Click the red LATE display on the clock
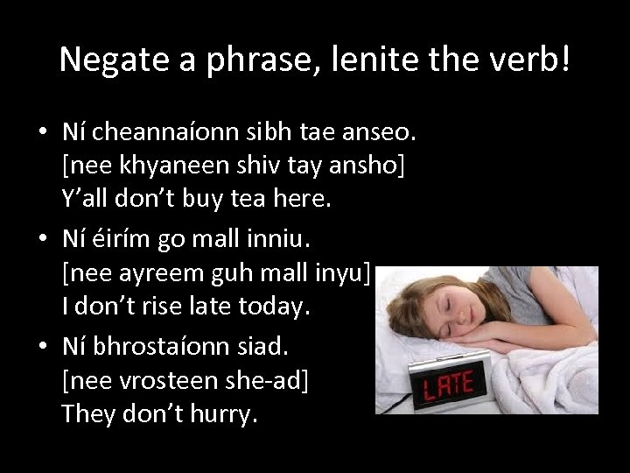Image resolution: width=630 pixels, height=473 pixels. (x=448, y=384)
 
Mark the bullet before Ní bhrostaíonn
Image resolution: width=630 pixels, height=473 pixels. (x=42, y=347)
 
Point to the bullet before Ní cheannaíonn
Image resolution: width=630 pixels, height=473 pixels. (x=42, y=133)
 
